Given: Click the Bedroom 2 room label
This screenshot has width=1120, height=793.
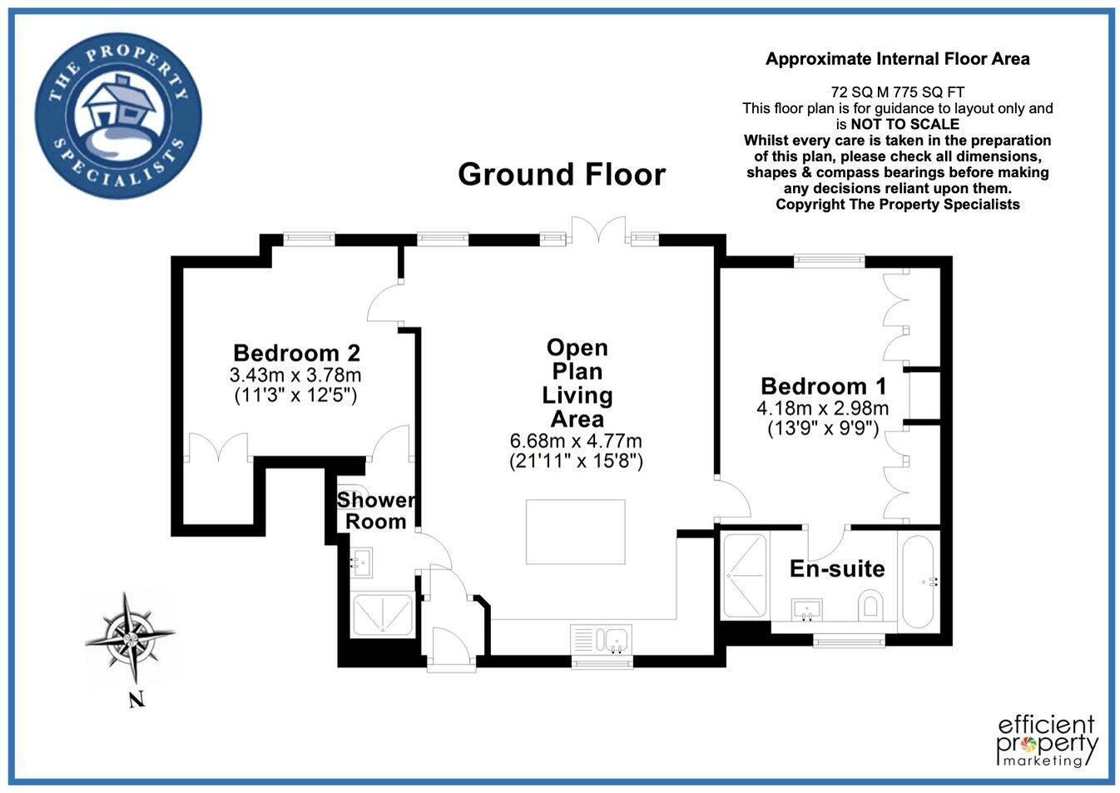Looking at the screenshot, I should click(x=296, y=353).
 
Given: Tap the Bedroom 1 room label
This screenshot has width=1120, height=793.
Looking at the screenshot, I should click(x=823, y=386).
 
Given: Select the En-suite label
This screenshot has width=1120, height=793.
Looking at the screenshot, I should click(x=836, y=569).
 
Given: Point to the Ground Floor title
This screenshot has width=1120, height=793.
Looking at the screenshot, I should click(x=562, y=175).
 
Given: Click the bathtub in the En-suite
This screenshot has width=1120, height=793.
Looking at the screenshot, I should click(x=918, y=582).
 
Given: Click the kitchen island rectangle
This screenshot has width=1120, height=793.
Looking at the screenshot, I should click(x=575, y=532).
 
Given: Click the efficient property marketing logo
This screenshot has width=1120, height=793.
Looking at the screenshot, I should click(x=1047, y=740).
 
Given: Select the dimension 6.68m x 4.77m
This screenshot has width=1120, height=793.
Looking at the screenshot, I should click(x=576, y=441).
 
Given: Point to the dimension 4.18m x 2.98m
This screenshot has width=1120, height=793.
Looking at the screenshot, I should click(x=822, y=409).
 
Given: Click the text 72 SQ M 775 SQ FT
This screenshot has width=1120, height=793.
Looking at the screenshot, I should click(x=897, y=92).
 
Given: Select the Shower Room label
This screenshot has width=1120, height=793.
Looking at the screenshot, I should click(x=376, y=510).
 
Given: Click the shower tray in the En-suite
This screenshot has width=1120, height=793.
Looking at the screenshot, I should click(x=744, y=575).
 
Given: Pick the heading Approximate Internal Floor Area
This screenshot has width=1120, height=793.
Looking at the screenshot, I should click(x=897, y=59).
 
